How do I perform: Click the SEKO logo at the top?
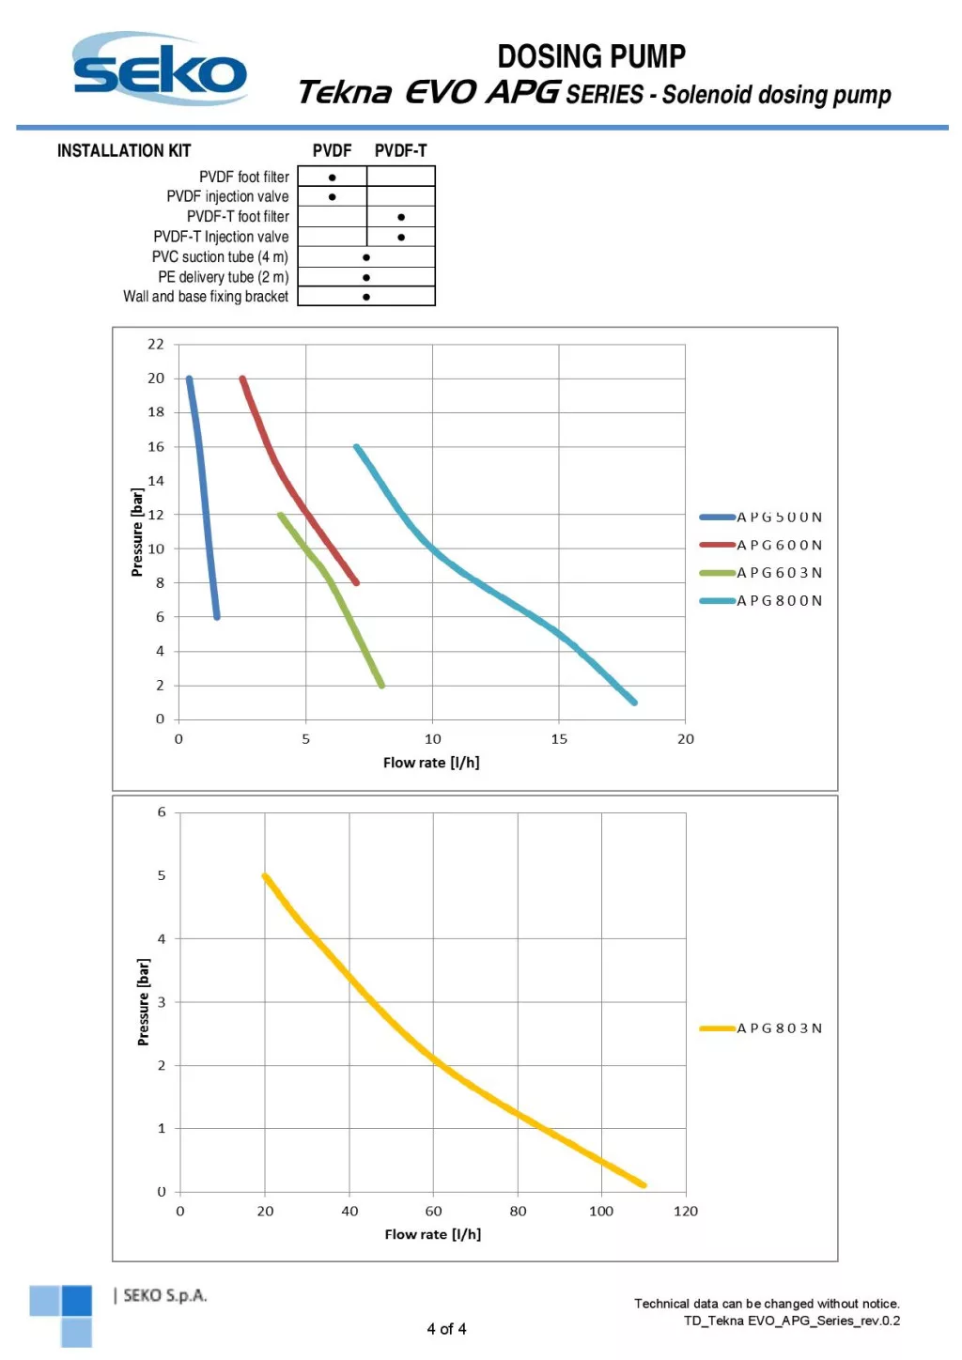(x=160, y=69)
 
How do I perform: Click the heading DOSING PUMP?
(x=591, y=56)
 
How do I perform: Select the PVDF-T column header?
(x=400, y=150)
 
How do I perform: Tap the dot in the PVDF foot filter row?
(x=332, y=178)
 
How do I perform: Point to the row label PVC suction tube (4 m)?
(x=220, y=256)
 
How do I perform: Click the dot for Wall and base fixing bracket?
(x=366, y=297)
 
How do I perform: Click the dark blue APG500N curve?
(x=204, y=498)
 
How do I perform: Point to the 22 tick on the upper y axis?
(x=156, y=345)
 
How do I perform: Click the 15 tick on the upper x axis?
(x=559, y=739)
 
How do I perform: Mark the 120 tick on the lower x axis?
(x=686, y=1212)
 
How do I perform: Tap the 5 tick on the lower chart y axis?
(x=162, y=875)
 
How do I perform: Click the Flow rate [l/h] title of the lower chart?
(x=432, y=1234)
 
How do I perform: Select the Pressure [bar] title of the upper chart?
(x=137, y=533)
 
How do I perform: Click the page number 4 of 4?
(x=446, y=1329)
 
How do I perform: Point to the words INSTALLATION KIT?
(x=124, y=150)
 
